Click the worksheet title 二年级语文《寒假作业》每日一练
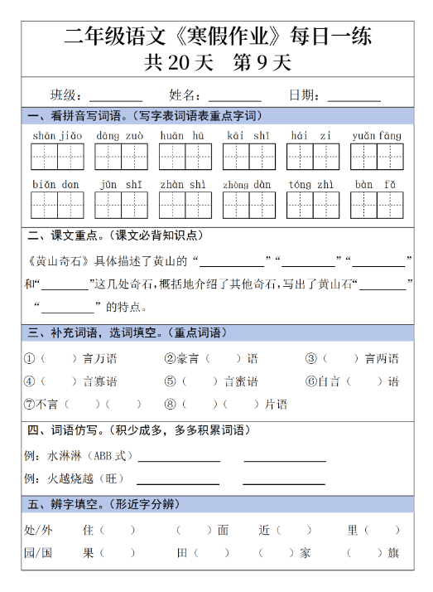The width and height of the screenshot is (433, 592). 217,36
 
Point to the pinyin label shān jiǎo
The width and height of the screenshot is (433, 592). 58,135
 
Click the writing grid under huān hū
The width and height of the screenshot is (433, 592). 185,156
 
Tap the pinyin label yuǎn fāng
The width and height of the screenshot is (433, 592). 376,135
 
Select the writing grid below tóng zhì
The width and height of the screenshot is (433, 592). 312,204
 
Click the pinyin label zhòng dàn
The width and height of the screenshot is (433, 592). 248,185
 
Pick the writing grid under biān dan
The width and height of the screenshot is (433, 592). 58,204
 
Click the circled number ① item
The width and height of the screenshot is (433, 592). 28,359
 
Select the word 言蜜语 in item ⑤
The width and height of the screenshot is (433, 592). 241,381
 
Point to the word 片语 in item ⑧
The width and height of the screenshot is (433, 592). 276,405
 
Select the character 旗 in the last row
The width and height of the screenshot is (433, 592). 393,553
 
